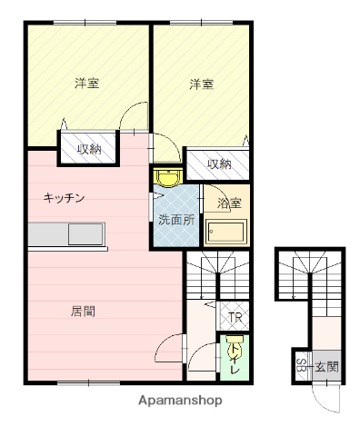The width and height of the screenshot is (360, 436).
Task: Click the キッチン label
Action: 65,198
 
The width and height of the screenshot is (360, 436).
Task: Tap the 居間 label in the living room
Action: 83,311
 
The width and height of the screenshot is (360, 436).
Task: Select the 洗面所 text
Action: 176,219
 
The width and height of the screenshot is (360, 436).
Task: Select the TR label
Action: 235,318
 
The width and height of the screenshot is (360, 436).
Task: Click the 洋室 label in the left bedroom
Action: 86,84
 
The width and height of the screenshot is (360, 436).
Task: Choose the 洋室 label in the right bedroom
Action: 202,84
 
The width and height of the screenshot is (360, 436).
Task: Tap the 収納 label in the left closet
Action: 88,149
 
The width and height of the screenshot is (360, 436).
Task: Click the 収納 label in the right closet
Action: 218,163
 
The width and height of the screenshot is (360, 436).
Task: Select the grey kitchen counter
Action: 68,234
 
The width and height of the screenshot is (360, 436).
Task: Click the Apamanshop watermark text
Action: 179,400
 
